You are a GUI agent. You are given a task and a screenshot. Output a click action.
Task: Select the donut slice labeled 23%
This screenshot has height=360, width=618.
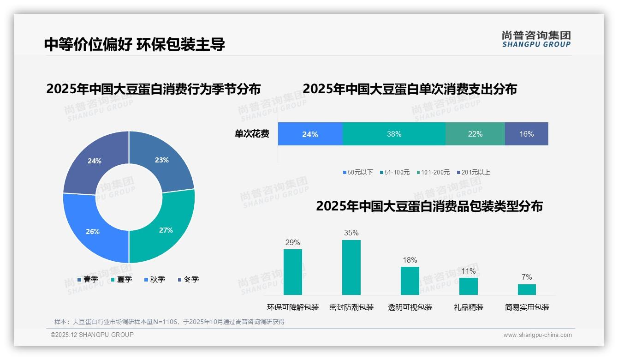[162, 160]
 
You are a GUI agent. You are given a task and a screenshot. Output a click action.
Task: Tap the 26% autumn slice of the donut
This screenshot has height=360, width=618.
[93, 231]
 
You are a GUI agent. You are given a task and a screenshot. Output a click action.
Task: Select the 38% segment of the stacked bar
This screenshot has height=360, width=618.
[394, 134]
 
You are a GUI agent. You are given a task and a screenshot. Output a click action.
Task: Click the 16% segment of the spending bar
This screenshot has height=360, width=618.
[526, 134]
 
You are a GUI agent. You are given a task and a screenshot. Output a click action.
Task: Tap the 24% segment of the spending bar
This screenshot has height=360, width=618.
[310, 134]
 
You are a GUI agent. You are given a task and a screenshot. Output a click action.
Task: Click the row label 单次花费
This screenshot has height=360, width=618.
[252, 134]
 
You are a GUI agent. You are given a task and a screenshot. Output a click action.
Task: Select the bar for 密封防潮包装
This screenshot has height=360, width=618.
[351, 267]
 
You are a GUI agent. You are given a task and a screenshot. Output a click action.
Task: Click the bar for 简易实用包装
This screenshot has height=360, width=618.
[527, 289]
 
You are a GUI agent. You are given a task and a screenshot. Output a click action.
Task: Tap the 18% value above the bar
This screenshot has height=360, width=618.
[410, 260]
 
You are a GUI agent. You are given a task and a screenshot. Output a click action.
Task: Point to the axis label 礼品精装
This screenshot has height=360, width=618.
[468, 307]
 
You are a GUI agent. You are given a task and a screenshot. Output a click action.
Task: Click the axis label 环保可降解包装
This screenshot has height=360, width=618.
[293, 307]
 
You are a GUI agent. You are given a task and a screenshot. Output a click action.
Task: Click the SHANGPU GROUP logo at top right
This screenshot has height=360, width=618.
[536, 39]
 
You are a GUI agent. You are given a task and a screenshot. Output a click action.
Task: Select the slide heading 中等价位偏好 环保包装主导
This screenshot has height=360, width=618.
[135, 44]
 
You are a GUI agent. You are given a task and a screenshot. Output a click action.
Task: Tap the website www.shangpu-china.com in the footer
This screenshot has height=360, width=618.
[537, 335]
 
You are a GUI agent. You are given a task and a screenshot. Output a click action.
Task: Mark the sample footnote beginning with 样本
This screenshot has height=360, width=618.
[169, 322]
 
